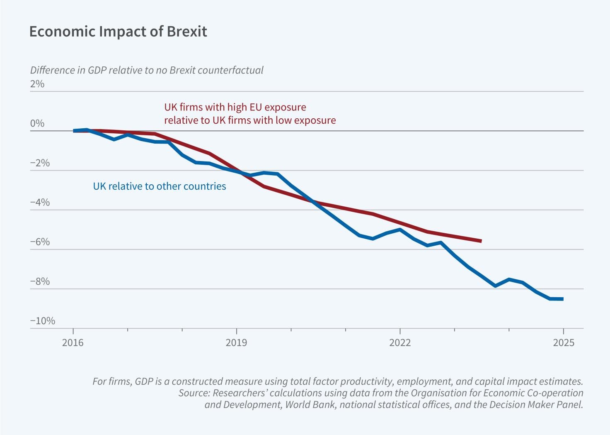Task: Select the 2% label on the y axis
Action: point(37,84)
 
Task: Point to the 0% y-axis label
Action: point(37,124)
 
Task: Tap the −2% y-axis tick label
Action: point(40,163)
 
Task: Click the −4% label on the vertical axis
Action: point(40,203)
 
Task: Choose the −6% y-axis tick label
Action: point(40,242)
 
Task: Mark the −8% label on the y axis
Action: point(40,281)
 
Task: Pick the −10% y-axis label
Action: point(42,321)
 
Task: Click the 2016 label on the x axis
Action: point(73,342)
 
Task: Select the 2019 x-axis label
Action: point(236,342)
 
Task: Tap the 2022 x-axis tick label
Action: point(400,342)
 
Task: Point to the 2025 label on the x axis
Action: point(564,342)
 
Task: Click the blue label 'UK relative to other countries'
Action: point(160,186)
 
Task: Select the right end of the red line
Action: point(481,241)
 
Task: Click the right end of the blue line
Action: point(562,299)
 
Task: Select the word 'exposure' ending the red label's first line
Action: point(285,107)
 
